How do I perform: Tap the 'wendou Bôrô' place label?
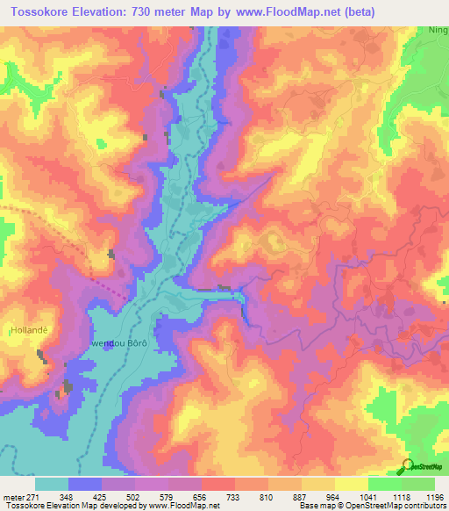(x=118, y=344)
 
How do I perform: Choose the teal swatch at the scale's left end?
(x=52, y=484)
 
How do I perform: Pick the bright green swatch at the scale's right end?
(x=418, y=484)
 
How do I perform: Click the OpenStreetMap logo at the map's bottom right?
(x=420, y=466)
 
